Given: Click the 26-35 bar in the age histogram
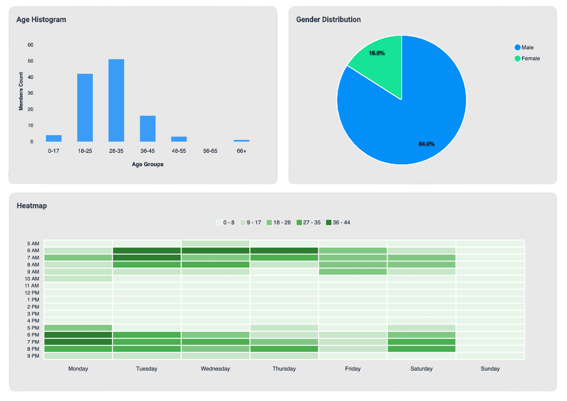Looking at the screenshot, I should tap(116, 100).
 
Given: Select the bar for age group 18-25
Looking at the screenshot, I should tap(85, 108).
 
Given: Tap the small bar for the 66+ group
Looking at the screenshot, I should tap(241, 141).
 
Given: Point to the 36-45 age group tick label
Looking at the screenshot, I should tap(148, 151).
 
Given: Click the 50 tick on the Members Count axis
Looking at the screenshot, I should tap(31, 61).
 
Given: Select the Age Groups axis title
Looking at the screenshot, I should tap(148, 164).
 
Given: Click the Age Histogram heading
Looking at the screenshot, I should tap(41, 20).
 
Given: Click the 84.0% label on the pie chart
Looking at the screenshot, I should tap(427, 144).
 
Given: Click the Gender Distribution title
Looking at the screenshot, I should tap(328, 20).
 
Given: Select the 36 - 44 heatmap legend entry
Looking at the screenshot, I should tap(338, 222).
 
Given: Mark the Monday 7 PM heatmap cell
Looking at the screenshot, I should tap(78, 342).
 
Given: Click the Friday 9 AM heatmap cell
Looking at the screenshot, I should tap(353, 272).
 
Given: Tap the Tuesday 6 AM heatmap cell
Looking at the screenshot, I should tap(147, 251).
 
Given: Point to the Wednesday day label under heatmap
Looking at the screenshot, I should tap(215, 369).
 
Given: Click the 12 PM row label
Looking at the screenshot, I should tap(32, 293).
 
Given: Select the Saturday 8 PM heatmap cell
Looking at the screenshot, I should tap(421, 349).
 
